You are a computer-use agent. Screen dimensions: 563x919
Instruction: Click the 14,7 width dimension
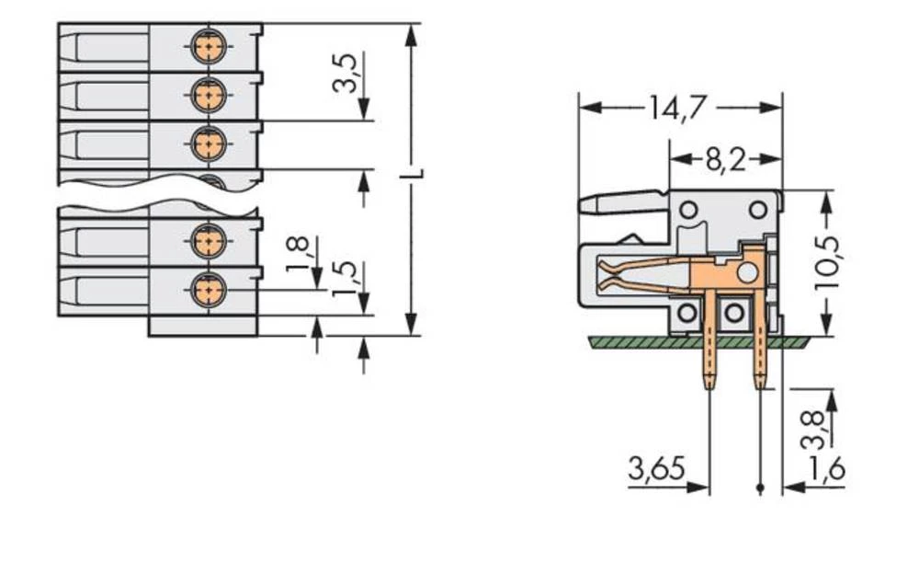coord(679,108)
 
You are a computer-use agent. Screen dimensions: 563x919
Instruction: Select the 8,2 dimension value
coord(725,161)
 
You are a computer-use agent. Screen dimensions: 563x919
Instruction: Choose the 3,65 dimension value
coord(656,471)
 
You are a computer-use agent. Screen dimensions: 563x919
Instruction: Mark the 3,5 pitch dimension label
coord(345,74)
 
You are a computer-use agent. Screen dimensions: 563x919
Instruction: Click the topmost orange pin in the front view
coord(210,45)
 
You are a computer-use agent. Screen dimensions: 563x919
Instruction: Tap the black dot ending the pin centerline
coord(760,488)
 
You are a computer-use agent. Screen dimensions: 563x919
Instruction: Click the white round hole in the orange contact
coord(747,272)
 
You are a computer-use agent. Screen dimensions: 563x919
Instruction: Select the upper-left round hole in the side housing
coord(688,211)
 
